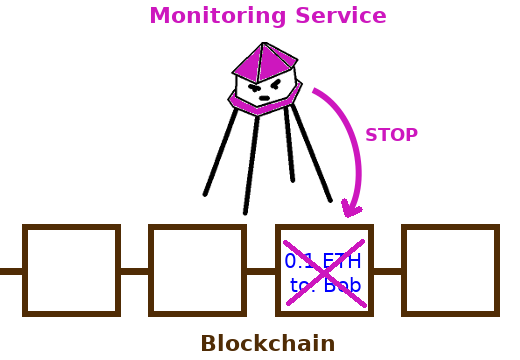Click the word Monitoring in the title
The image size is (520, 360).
(218, 16)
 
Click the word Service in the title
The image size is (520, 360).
(341, 15)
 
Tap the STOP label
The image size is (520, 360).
(391, 135)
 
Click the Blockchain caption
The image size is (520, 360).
(268, 343)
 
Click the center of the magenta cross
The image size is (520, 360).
(325, 273)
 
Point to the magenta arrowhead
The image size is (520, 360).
(351, 209)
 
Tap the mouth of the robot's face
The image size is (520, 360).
(264, 98)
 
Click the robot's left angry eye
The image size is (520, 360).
(255, 88)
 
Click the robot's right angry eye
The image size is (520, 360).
(276, 85)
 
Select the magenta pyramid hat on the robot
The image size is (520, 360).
(265, 62)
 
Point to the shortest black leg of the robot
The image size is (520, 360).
(289, 144)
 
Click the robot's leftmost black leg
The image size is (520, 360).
(221, 152)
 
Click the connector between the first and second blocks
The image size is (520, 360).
(134, 271)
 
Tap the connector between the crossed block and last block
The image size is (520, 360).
(387, 271)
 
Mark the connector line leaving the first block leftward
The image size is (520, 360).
(11, 271)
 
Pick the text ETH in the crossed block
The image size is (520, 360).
(342, 261)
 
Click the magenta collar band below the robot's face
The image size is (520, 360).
(265, 103)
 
